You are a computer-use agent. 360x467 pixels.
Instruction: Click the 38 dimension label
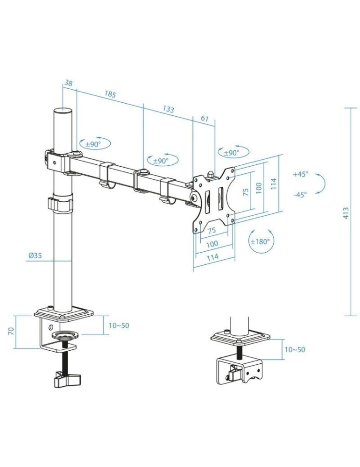68,83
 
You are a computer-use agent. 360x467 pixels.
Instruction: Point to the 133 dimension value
168,109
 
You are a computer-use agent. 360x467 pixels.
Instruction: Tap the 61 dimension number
205,119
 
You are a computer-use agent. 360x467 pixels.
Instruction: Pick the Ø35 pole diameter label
35,255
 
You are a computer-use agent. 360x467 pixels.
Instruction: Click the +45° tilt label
301,174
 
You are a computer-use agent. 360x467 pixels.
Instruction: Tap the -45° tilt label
300,195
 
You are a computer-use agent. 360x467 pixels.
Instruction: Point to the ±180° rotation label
261,241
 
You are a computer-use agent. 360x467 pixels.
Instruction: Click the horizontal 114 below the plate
213,257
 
